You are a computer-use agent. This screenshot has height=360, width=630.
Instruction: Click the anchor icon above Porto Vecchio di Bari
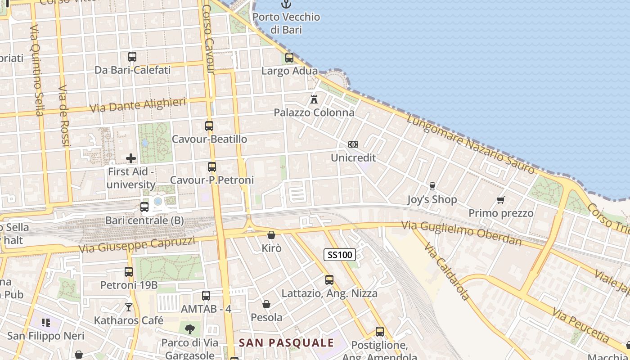pyautogui.click(x=286, y=4)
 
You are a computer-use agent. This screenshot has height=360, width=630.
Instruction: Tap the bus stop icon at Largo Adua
pyautogui.click(x=289, y=58)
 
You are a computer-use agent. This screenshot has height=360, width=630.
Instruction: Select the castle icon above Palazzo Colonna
pyautogui.click(x=314, y=99)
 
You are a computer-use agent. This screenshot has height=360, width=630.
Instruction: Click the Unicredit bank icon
pyautogui.click(x=353, y=144)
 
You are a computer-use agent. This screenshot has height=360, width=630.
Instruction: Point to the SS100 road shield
pyautogui.click(x=340, y=255)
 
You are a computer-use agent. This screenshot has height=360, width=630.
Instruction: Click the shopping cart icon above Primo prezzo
pyautogui.click(x=501, y=200)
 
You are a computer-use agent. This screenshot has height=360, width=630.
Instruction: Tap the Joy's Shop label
pyautogui.click(x=432, y=199)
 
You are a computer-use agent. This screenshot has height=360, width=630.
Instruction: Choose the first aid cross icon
pyautogui.click(x=131, y=158)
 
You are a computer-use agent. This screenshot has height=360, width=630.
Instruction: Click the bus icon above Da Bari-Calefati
pyautogui.click(x=132, y=57)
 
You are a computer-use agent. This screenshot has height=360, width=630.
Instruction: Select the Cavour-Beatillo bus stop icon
pyautogui.click(x=209, y=126)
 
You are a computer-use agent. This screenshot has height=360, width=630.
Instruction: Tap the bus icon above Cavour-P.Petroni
pyautogui.click(x=212, y=167)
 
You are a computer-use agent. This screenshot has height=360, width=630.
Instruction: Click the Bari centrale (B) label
pyautogui.click(x=144, y=220)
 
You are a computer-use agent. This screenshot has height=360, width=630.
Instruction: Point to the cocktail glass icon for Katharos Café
pyautogui.click(x=129, y=307)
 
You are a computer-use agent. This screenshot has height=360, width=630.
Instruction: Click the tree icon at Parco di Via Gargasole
pyautogui.click(x=190, y=329)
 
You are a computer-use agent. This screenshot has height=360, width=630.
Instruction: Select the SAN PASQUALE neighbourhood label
pyautogui.click(x=286, y=343)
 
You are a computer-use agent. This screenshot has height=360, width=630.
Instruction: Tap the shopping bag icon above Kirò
pyautogui.click(x=271, y=235)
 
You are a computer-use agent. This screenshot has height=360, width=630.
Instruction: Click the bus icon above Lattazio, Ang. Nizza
pyautogui.click(x=329, y=280)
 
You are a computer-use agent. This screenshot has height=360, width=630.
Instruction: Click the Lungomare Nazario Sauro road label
pyautogui.click(x=471, y=144)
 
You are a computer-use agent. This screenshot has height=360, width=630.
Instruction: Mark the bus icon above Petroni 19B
pyautogui.click(x=129, y=272)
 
